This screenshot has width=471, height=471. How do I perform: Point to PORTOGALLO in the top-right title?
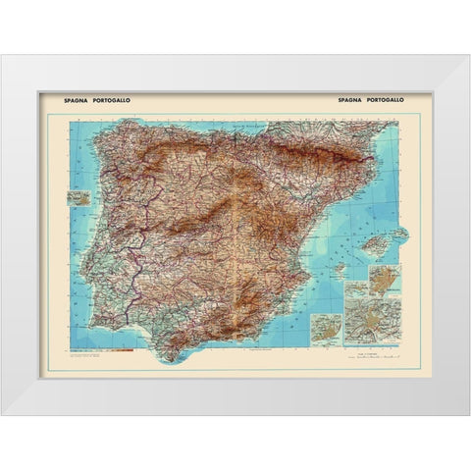[386, 100]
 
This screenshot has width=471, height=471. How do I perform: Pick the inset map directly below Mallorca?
[380, 278]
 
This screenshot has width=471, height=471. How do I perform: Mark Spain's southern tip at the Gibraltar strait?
[164, 351]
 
